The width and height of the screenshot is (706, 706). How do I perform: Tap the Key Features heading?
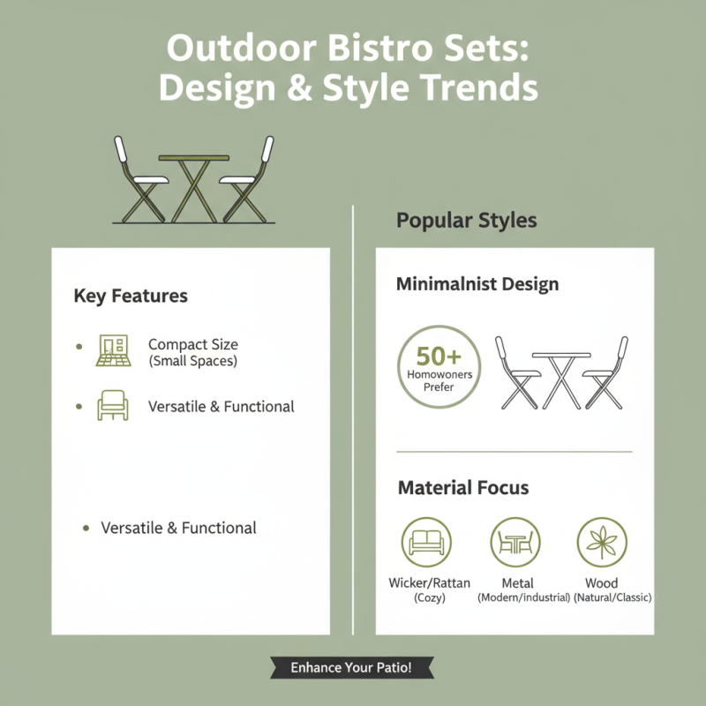pos(131,297)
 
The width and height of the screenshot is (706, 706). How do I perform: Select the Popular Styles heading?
pos(466,220)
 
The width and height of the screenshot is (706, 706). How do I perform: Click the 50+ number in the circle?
pos(439,356)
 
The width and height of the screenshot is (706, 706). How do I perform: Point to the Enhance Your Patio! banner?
pos(352,668)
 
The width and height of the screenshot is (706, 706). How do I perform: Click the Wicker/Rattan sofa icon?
pos(426,542)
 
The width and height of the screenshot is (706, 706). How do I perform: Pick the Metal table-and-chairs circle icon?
pos(515,542)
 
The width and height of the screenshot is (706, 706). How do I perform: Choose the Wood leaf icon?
pos(602,542)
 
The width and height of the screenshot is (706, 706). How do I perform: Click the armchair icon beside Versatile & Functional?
pos(112,406)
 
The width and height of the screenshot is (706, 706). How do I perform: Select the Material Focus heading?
pos(463,488)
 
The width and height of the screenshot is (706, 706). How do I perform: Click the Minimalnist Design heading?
pos(477,285)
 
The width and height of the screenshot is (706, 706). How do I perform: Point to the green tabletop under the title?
pos(193,158)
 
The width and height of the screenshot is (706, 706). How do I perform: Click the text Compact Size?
pos(192,345)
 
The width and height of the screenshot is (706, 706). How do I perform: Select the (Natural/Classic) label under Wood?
pos(612,598)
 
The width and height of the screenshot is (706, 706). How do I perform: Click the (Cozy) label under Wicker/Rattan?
pos(430,598)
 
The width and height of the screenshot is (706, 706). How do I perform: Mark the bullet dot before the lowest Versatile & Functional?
pos(86,529)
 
